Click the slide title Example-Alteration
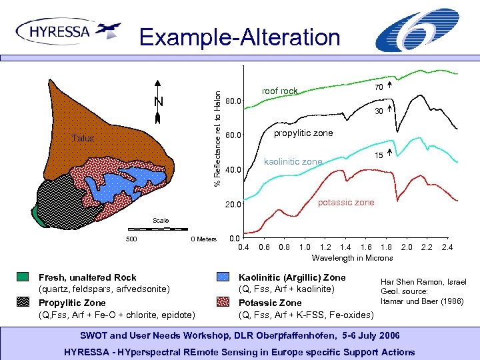(239, 37)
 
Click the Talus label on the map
(83, 138)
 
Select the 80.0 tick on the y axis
(235, 102)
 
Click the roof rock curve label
(279, 91)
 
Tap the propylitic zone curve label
(303, 133)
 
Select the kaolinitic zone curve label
(293, 161)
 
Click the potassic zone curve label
(345, 202)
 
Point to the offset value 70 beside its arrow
(378, 87)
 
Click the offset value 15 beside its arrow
(377, 155)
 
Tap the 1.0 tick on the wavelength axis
(305, 247)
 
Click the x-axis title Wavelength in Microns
(352, 258)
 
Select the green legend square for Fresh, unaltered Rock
(23, 277)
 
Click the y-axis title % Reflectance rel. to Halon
(217, 133)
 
